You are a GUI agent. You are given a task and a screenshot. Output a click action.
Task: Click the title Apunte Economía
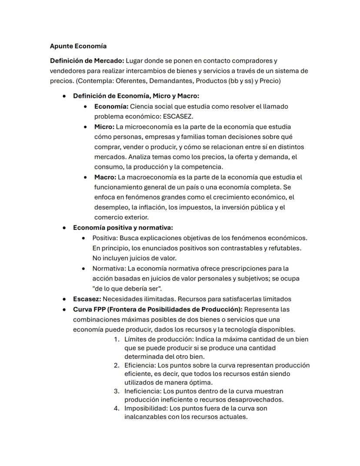tap(78, 46)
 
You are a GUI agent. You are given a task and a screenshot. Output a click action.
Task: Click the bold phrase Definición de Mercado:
tap(87, 61)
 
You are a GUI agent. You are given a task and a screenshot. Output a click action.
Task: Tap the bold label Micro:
tap(104, 127)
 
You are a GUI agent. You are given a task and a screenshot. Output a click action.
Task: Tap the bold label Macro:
tap(105, 177)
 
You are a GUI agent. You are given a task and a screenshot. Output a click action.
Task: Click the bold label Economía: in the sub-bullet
tap(111, 107)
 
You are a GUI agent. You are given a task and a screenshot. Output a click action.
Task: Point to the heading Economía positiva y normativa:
tap(123, 228)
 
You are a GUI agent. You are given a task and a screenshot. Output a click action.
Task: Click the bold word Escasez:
tap(87, 299)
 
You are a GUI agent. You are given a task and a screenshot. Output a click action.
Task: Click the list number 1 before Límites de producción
tap(116, 339)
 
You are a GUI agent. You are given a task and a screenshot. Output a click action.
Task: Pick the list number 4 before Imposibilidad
tap(116, 409)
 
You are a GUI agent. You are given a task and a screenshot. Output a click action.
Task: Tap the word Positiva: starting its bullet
tap(105, 238)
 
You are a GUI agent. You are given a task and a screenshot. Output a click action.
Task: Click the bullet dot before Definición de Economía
tap(64, 96)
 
